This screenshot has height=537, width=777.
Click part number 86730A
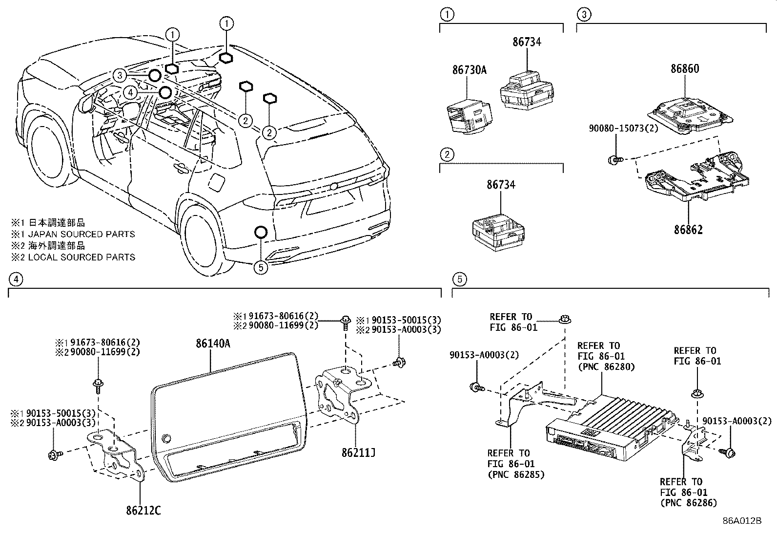(x=469, y=70)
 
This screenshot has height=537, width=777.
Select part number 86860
(x=684, y=69)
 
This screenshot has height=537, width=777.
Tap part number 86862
(x=688, y=230)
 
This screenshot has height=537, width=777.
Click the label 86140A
(x=213, y=344)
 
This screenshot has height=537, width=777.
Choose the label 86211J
(x=358, y=453)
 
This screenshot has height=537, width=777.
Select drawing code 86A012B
(x=742, y=520)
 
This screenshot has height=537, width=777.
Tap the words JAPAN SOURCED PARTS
(x=82, y=234)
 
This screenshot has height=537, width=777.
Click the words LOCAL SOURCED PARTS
(x=82, y=257)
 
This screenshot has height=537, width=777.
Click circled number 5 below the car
(x=261, y=267)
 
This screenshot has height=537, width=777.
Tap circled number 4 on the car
(x=129, y=92)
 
